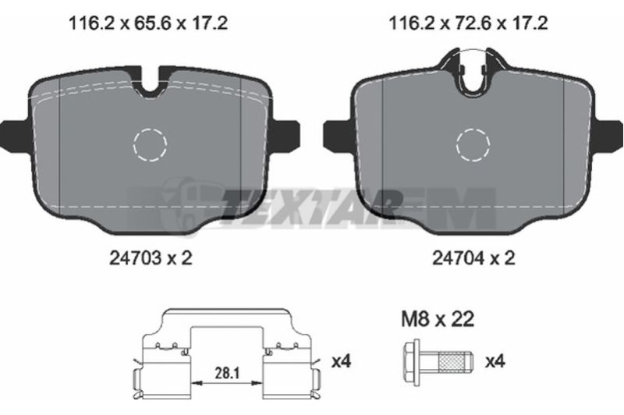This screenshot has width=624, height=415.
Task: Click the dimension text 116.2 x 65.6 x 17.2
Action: (x=148, y=23)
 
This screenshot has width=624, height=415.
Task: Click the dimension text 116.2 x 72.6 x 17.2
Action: (x=468, y=23)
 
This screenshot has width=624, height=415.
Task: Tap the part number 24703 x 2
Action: (x=151, y=258)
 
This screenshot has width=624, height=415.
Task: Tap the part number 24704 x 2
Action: (x=473, y=258)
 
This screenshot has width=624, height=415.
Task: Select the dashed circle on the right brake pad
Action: (x=473, y=129)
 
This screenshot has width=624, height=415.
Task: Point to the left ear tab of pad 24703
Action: (x=15, y=135)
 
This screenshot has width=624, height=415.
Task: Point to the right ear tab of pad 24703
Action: (x=285, y=135)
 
